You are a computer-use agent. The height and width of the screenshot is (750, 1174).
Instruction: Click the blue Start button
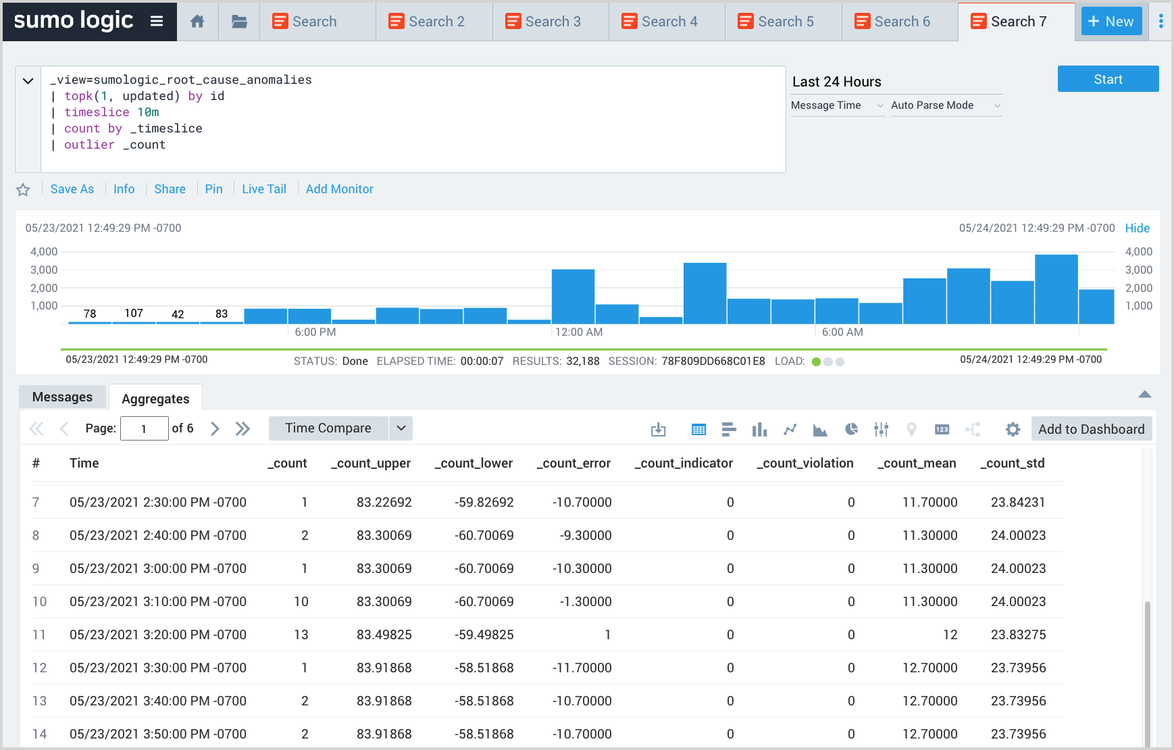pyautogui.click(x=1108, y=79)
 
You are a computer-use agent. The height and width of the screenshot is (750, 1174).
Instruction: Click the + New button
pyautogui.click(x=1111, y=22)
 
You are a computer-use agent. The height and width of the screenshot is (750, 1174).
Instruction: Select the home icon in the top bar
pyautogui.click(x=197, y=22)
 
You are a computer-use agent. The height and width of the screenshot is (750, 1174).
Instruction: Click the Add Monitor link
pyautogui.click(x=339, y=189)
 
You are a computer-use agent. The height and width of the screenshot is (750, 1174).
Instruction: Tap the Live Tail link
pyautogui.click(x=263, y=189)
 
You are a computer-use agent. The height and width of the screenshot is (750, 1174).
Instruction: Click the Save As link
pyautogui.click(x=72, y=189)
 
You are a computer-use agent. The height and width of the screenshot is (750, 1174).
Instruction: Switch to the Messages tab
pyautogui.click(x=62, y=397)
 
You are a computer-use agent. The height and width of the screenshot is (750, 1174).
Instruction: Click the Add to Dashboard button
pyautogui.click(x=1091, y=429)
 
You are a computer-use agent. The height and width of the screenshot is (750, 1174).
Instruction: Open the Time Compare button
pyautogui.click(x=328, y=428)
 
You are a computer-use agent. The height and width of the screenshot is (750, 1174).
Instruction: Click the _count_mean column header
pyautogui.click(x=916, y=464)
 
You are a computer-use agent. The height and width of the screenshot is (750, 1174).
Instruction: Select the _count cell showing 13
pyautogui.click(x=301, y=635)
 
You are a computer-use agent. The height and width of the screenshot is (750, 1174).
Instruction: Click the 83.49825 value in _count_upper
pyautogui.click(x=384, y=635)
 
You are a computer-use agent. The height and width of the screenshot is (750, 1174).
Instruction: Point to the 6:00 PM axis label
pyautogui.click(x=315, y=332)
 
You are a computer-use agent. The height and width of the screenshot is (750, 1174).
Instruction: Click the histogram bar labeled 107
pyautogui.click(x=134, y=322)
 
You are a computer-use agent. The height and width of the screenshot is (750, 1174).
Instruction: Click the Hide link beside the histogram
pyautogui.click(x=1137, y=228)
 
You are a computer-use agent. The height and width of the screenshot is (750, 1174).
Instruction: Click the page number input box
pyautogui.click(x=144, y=429)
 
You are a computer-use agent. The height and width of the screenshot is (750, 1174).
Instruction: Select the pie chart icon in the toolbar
pyautogui.click(x=851, y=429)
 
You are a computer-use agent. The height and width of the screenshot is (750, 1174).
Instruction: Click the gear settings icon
pyautogui.click(x=1012, y=429)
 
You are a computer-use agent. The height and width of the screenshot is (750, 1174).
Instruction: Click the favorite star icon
pyautogui.click(x=23, y=190)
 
